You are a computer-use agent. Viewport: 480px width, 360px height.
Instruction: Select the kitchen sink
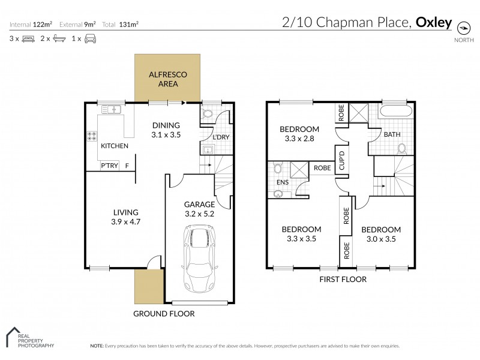coord(112,109)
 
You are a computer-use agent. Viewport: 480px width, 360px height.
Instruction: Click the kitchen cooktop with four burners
coord(94,136)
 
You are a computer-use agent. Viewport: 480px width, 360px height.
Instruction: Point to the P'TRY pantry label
coord(109,166)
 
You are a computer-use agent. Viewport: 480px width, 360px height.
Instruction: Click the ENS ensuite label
coord(281,181)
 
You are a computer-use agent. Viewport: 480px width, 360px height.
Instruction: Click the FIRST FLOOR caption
coord(343,279)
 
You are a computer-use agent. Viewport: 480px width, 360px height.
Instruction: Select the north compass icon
coord(463,28)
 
